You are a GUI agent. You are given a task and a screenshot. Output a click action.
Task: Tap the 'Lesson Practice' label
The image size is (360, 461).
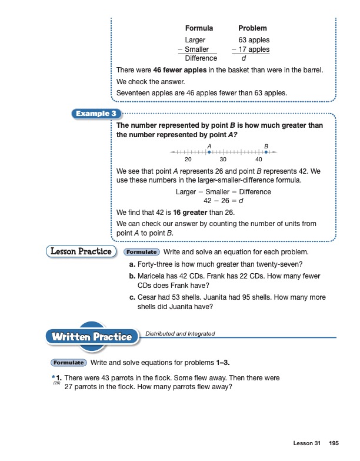coord(79,251)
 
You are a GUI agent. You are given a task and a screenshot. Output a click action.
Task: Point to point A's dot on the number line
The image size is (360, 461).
coord(209,152)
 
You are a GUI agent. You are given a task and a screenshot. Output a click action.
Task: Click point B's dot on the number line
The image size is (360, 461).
coord(266,152)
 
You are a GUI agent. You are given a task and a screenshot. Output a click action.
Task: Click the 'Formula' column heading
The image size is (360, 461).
coord(199,28)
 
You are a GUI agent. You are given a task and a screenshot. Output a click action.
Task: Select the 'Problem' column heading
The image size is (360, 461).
coord(252,28)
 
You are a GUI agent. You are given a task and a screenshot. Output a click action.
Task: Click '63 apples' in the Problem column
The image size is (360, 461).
coord(254,40)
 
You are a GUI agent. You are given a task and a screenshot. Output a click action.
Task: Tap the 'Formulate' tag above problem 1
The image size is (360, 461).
coord(69,363)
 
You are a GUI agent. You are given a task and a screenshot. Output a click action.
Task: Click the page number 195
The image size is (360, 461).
coord(334,443)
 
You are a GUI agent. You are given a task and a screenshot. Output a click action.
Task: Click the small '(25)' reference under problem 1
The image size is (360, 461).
coord(57,383)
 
